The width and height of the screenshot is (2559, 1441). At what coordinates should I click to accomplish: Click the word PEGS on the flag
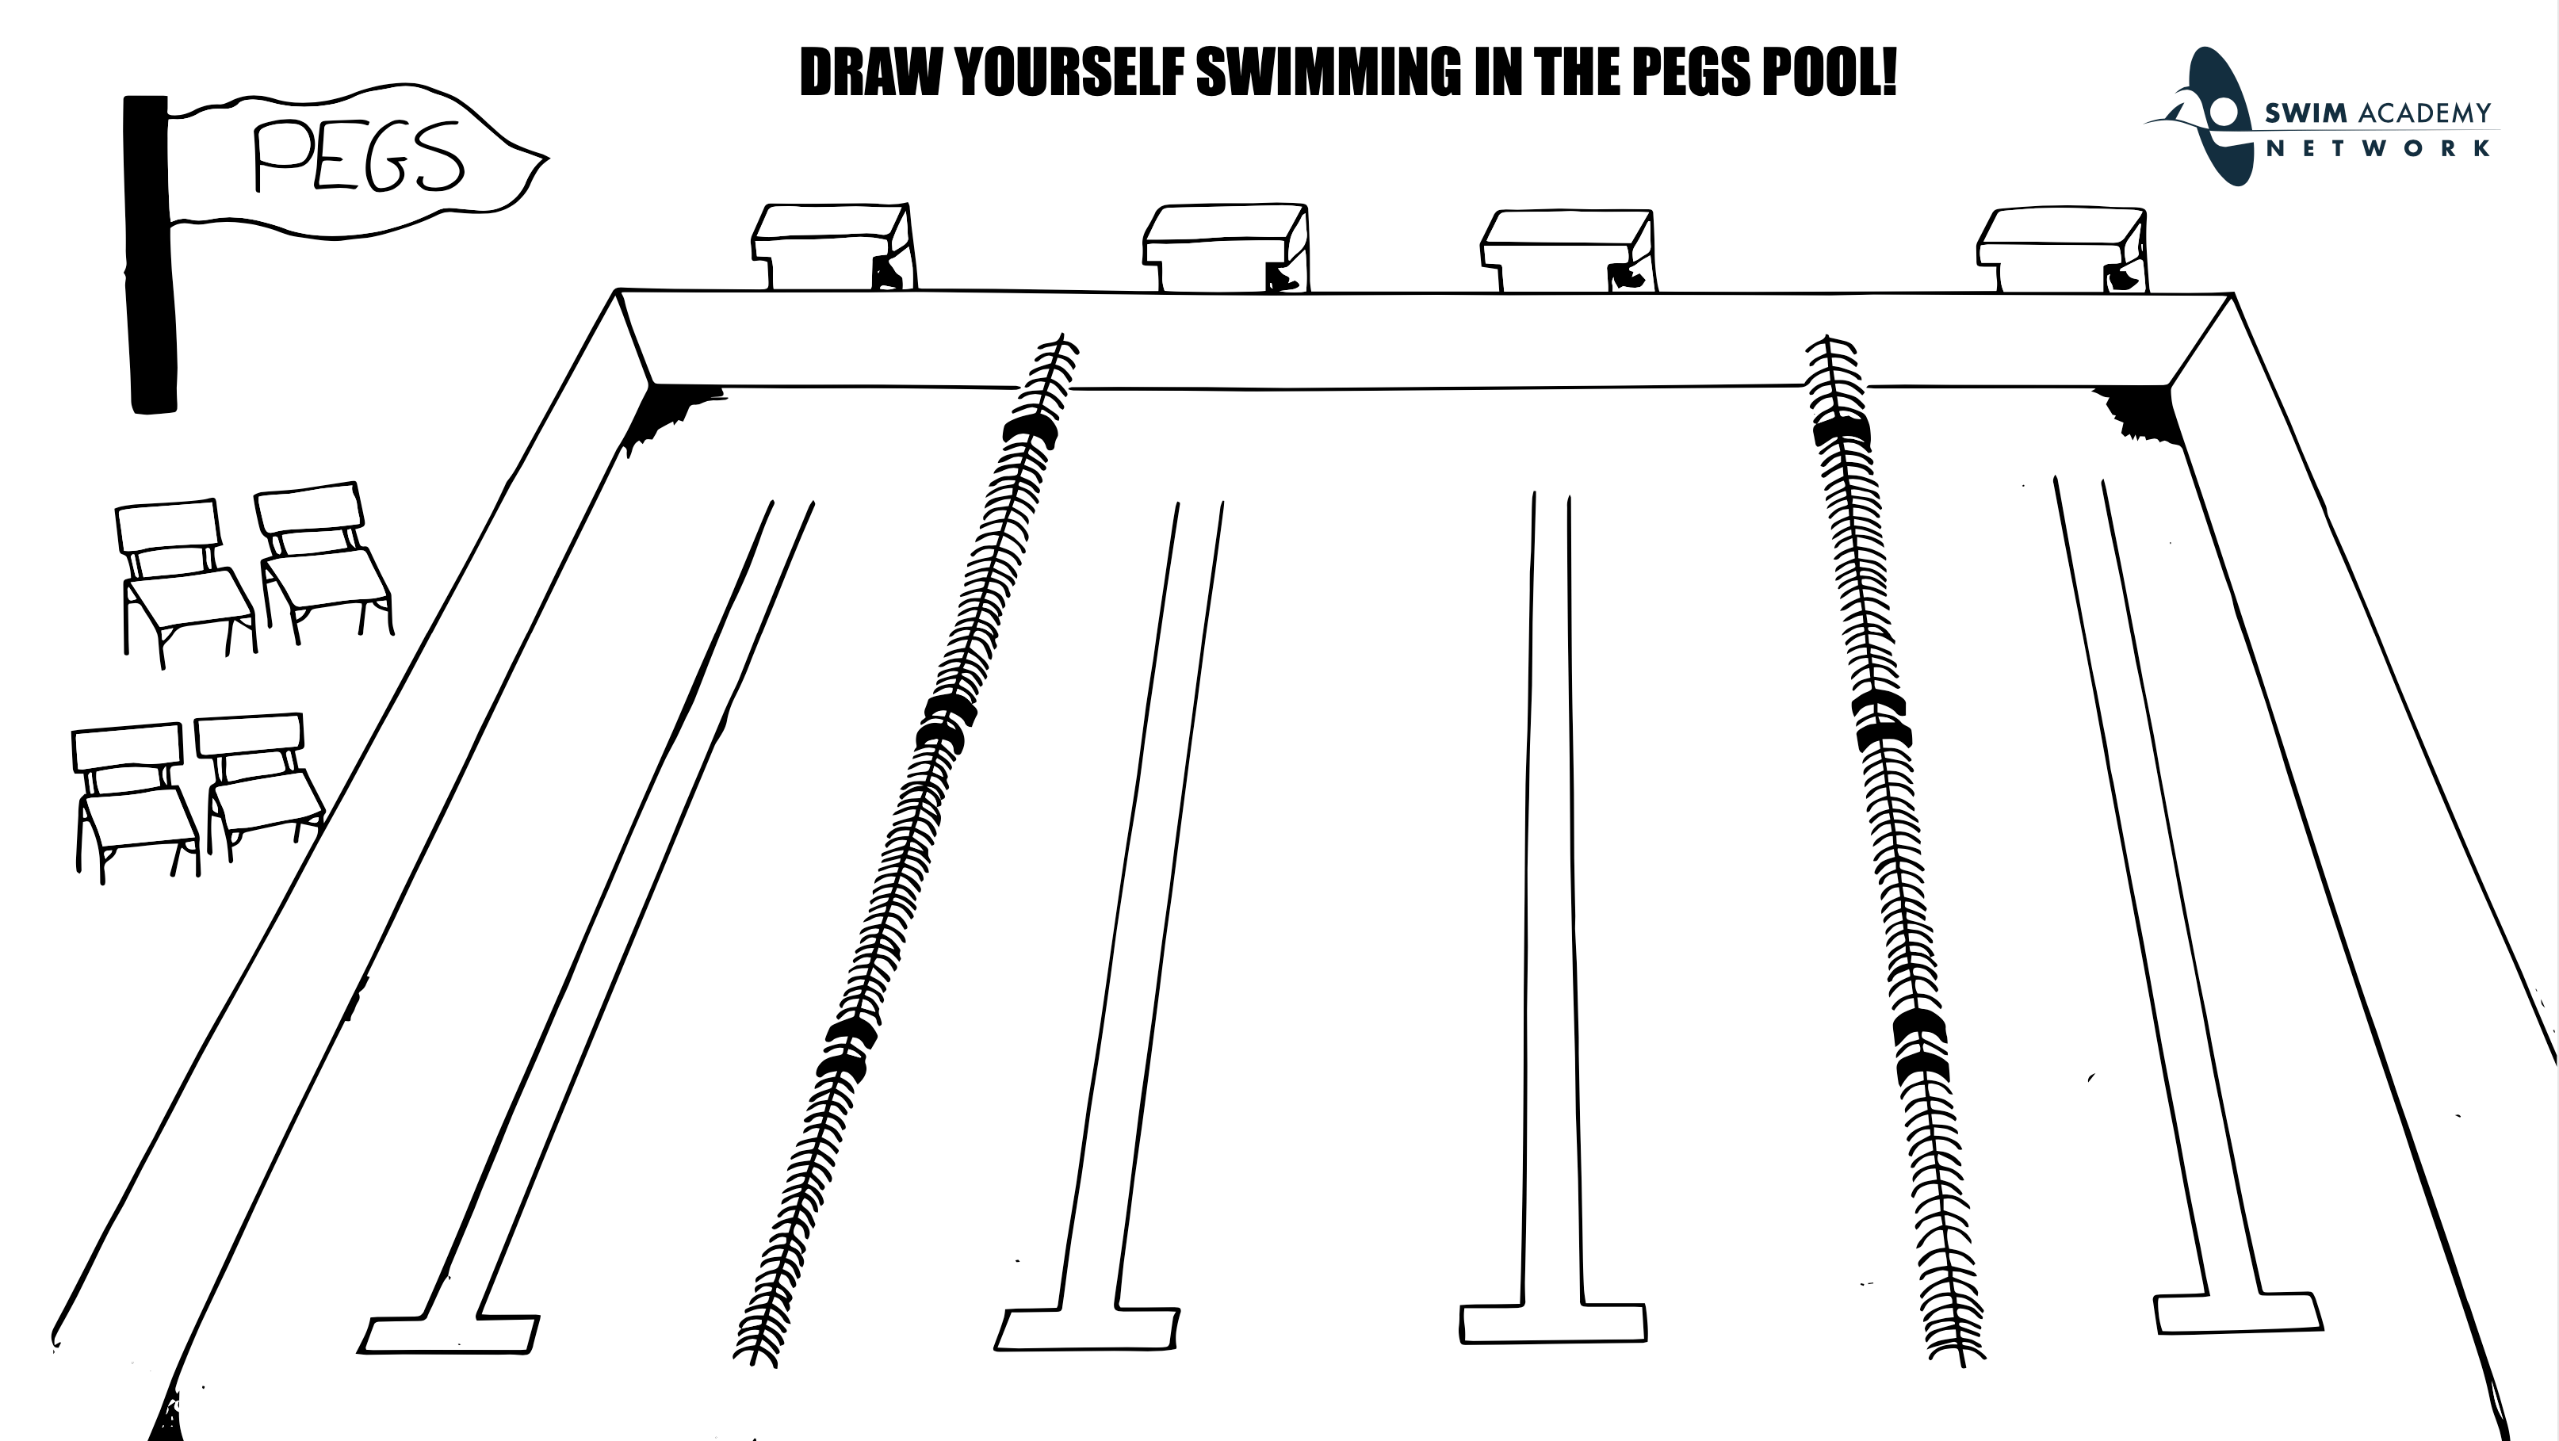coord(358,157)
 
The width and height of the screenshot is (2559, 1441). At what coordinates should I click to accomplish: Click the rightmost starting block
coord(2061,248)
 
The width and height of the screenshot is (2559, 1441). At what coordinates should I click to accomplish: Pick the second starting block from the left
coord(1225,247)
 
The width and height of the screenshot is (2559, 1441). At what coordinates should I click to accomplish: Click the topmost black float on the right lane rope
coord(1841,434)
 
